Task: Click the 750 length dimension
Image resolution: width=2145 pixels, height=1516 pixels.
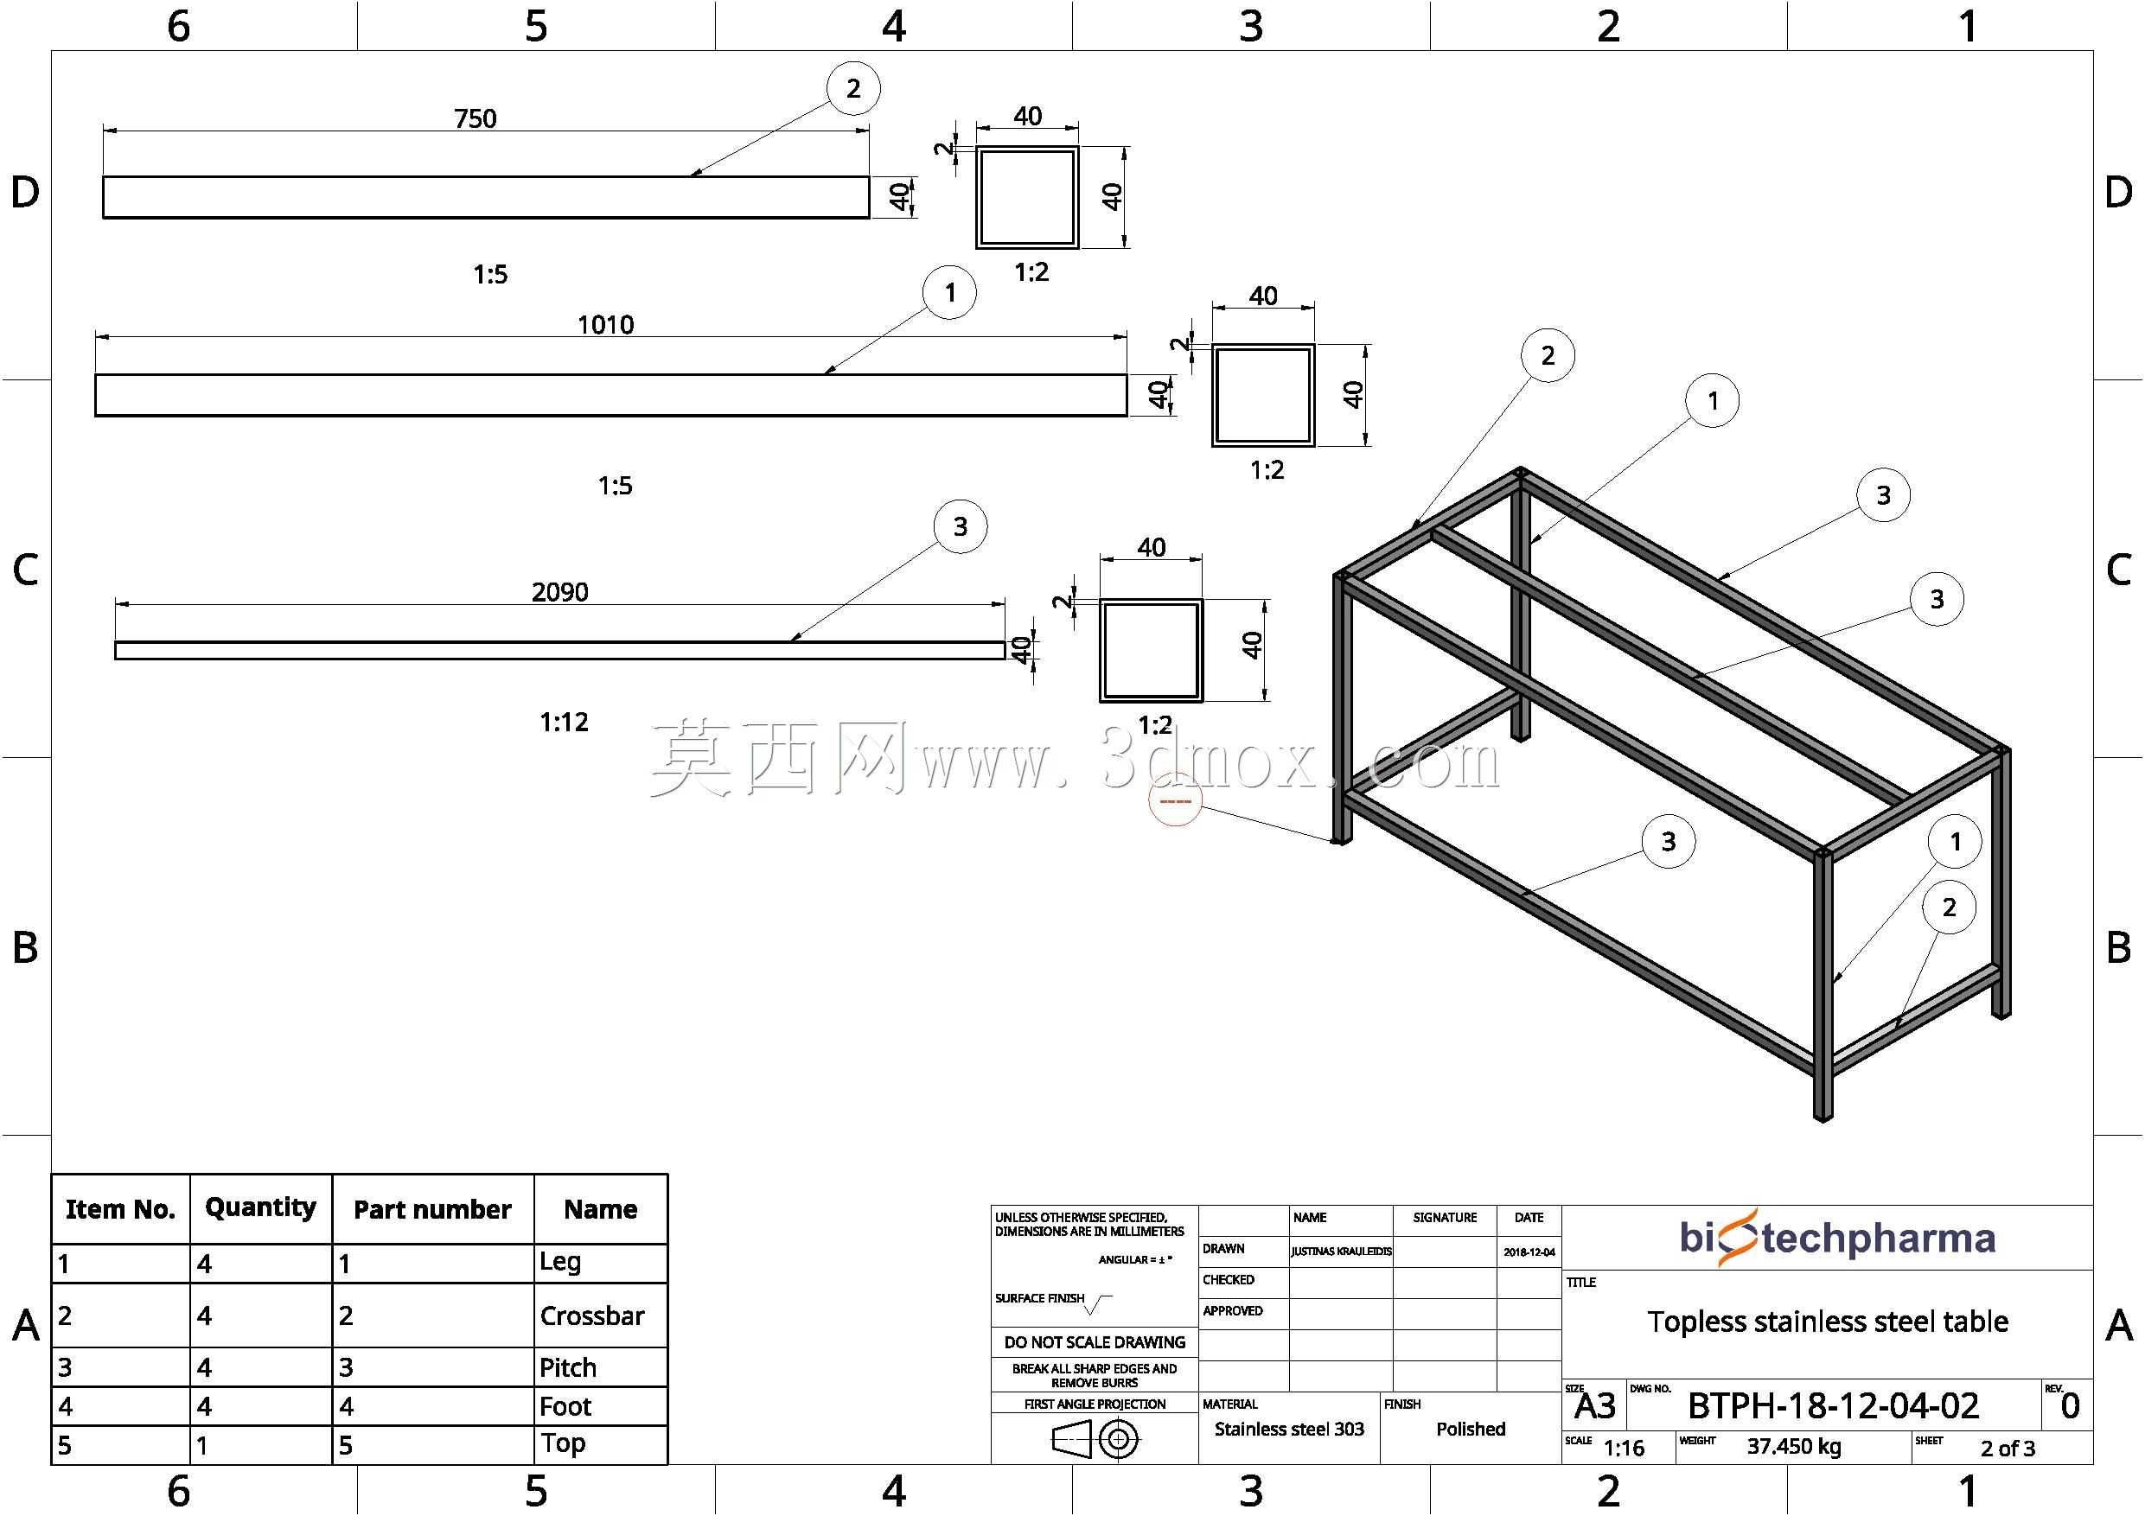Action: click(x=475, y=118)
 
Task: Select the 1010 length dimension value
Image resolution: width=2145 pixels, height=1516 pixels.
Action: click(x=605, y=325)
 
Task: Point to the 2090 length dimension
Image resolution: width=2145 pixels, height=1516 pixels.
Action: click(x=559, y=592)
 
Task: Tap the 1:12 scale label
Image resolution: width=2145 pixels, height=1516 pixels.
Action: click(x=565, y=722)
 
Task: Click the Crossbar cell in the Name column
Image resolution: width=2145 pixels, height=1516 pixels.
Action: click(x=592, y=1316)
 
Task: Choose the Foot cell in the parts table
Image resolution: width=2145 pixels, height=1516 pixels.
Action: click(x=565, y=1407)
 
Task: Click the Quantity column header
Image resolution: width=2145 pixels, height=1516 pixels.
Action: click(x=260, y=1207)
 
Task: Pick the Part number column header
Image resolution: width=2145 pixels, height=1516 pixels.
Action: click(x=432, y=1210)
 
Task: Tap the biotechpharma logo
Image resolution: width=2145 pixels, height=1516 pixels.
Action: click(x=1837, y=1238)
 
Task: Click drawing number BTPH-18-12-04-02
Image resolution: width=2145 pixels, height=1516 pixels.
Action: click(x=1833, y=1405)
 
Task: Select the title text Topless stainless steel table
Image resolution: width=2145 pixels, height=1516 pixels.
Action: click(x=1828, y=1322)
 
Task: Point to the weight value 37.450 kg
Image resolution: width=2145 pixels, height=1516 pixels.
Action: click(x=1794, y=1447)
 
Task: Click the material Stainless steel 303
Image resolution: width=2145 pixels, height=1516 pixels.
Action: click(x=1289, y=1429)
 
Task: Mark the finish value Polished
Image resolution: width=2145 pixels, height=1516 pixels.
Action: click(x=1471, y=1429)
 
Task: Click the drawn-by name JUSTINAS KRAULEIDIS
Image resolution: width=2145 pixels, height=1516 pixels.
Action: click(x=1342, y=1252)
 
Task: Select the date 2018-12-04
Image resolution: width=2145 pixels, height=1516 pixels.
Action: click(x=1529, y=1252)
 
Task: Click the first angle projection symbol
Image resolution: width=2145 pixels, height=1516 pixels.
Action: click(x=1095, y=1439)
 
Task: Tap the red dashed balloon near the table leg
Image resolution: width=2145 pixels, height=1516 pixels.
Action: click(x=1175, y=800)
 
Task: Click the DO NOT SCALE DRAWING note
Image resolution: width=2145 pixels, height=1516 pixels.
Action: click(x=1095, y=1342)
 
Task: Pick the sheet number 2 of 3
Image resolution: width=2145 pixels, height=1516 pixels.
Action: click(x=2008, y=1449)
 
